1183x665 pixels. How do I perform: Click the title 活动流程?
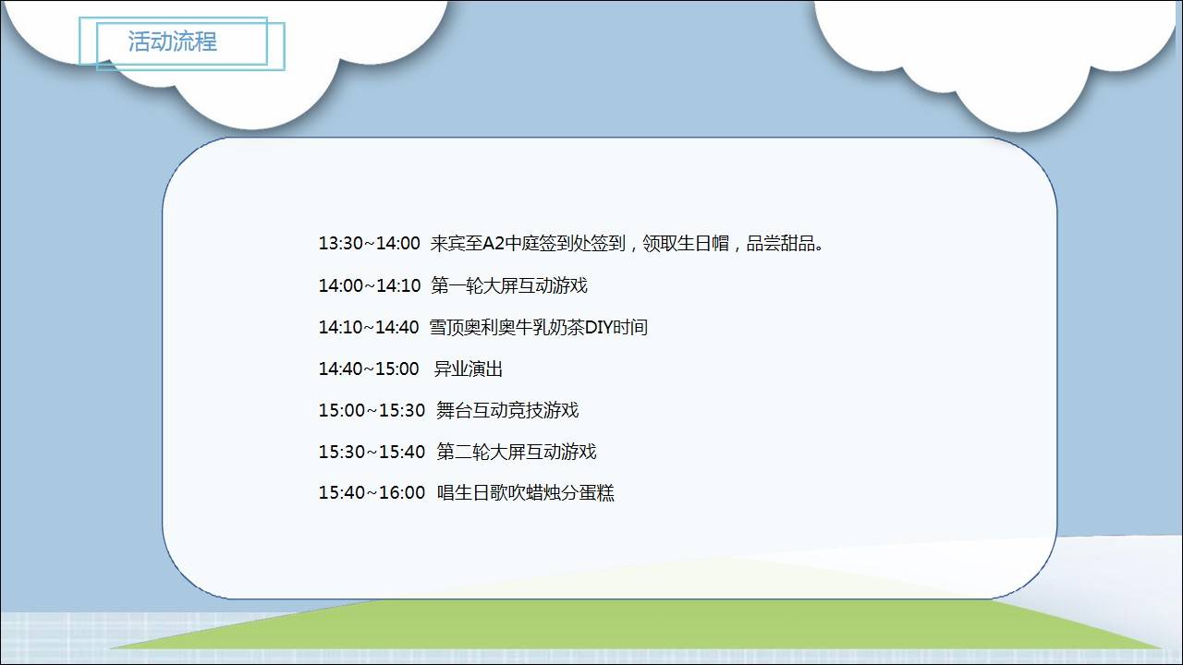[172, 42]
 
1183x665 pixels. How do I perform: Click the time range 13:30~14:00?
[369, 243]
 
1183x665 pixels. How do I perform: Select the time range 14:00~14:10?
[369, 285]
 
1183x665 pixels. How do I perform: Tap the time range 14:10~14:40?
[369, 327]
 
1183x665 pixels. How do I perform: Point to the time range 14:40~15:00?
[369, 369]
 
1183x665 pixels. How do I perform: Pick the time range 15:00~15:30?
[372, 410]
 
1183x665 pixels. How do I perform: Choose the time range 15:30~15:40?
[372, 452]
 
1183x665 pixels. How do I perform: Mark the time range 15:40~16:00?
[372, 492]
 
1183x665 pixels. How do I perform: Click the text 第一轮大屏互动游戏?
[509, 285]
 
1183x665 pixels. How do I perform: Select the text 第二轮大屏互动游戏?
[517, 452]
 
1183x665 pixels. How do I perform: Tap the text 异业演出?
[469, 369]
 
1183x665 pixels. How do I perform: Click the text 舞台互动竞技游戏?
[507, 410]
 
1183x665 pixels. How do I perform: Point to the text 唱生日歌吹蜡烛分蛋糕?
[526, 492]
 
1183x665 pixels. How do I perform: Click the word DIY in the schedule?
[598, 327]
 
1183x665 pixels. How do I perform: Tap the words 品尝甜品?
[780, 243]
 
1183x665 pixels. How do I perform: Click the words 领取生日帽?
[686, 243]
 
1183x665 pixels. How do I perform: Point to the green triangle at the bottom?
[634, 625]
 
